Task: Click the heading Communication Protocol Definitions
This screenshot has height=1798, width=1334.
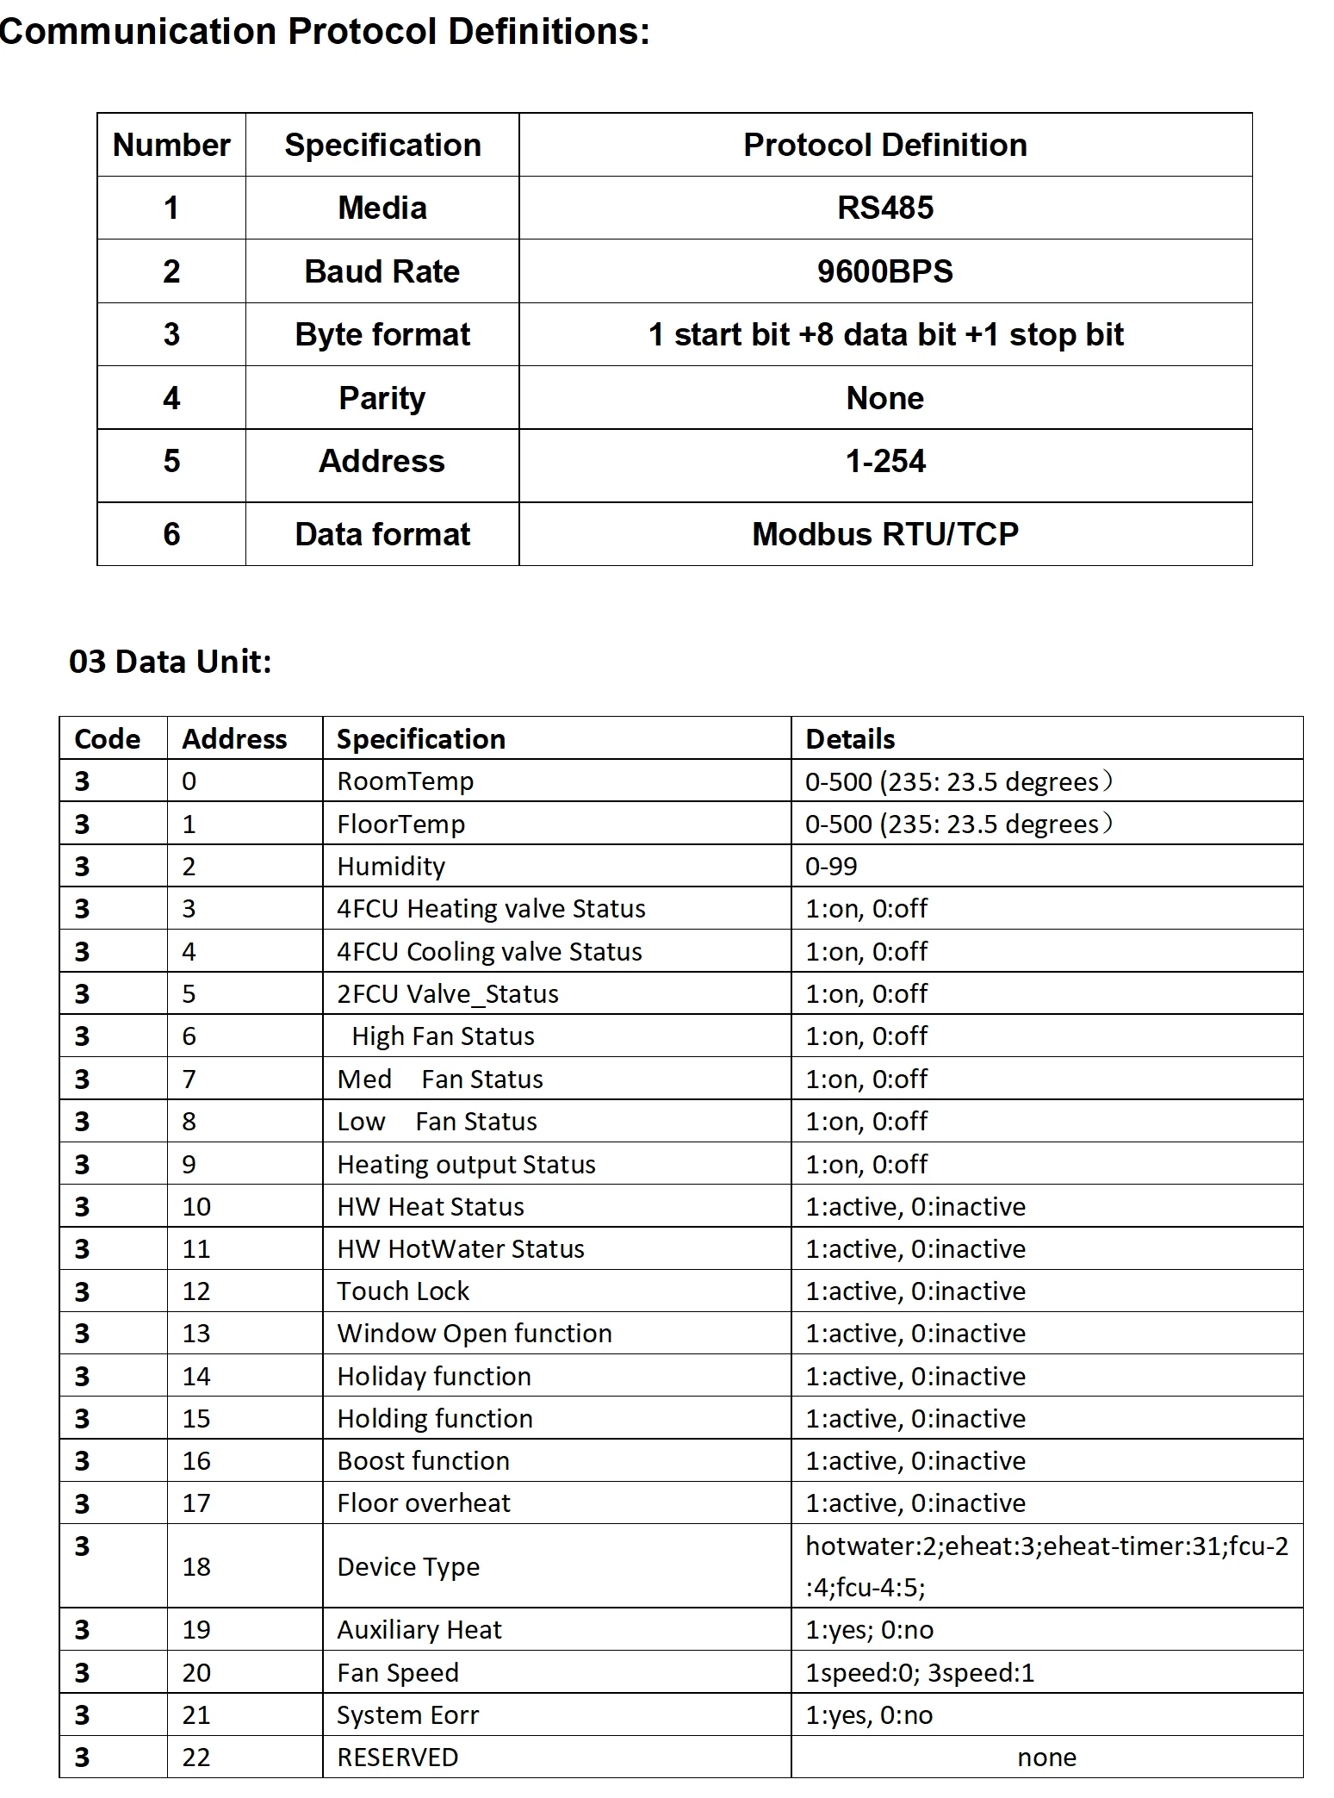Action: click(325, 32)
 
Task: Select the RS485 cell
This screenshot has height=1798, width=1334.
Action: click(884, 208)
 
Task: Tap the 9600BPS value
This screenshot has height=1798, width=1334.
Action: click(884, 271)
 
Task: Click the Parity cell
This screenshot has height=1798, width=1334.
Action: click(382, 398)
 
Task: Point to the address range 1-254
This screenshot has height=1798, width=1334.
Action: click(884, 462)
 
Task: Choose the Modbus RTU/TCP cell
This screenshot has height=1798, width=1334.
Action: click(884, 534)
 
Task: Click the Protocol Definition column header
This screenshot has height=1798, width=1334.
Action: click(884, 145)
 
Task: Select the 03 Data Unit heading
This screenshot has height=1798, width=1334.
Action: click(171, 662)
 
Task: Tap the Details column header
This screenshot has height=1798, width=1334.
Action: click(850, 739)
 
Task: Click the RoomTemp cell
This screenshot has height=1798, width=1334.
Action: click(405, 781)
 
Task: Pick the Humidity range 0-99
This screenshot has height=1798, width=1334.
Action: click(831, 866)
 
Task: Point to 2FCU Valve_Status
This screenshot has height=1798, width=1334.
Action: click(447, 994)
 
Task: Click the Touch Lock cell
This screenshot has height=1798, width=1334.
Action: click(403, 1291)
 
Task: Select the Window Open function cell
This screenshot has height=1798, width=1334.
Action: click(474, 1334)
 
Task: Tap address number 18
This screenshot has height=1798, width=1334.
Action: click(196, 1566)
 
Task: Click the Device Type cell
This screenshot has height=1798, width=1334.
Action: click(407, 1566)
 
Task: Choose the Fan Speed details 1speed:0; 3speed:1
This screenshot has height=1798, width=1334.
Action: click(919, 1672)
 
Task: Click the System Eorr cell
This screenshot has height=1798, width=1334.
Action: click(407, 1715)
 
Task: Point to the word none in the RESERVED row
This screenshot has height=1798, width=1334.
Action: click(1046, 1758)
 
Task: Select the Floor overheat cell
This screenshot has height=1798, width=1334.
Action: click(423, 1503)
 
